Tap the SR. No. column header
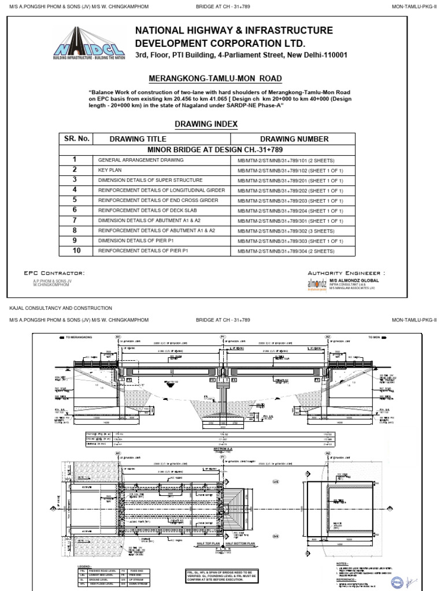(x=75, y=139)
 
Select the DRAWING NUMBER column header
(x=294, y=139)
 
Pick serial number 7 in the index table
(x=75, y=220)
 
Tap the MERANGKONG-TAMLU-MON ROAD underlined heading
(x=215, y=78)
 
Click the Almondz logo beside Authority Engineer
(x=317, y=284)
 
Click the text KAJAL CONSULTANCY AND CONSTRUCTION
(x=61, y=308)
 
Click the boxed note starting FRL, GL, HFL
(x=223, y=576)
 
